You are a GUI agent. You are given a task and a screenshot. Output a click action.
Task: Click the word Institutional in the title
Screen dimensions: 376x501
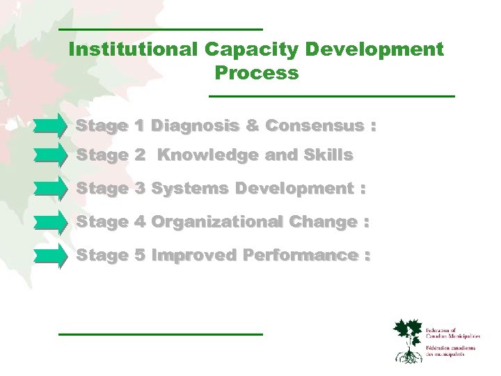point(134,49)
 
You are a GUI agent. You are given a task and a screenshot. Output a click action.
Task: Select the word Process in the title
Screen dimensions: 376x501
point(257,72)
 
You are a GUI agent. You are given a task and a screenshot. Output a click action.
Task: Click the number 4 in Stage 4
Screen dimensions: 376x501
point(139,222)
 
